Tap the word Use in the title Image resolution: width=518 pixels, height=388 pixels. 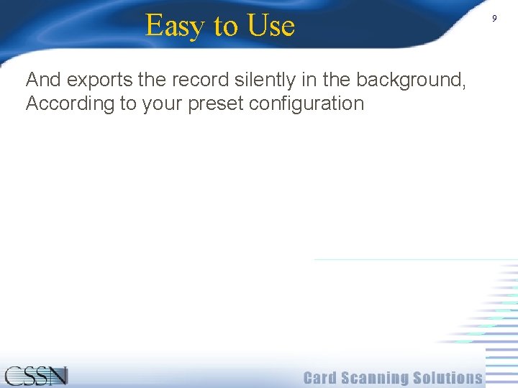click(x=271, y=26)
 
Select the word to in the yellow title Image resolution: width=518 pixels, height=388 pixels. click(x=225, y=27)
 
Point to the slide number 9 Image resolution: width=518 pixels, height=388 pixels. click(x=494, y=19)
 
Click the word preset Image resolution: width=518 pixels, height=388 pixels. click(x=215, y=104)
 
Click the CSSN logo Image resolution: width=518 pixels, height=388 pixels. click(x=36, y=376)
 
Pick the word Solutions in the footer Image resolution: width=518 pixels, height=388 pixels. click(x=447, y=378)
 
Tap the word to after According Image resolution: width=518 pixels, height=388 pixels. click(x=128, y=103)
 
